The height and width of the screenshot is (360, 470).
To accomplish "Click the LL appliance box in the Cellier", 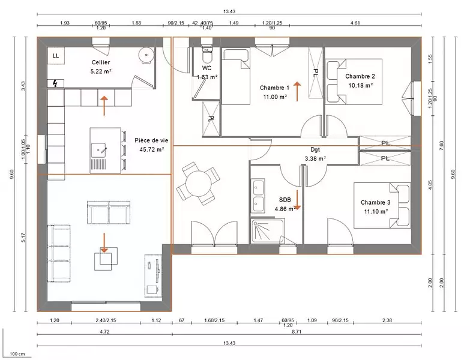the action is pyautogui.click(x=56, y=56).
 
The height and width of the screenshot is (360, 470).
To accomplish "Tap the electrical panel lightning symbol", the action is pyautogui.click(x=55, y=83).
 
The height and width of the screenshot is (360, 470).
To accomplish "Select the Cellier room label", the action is pyautogui.click(x=101, y=62).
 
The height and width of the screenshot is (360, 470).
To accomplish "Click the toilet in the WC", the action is pyautogui.click(x=206, y=54).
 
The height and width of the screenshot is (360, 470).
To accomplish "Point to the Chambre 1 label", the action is pyautogui.click(x=274, y=88).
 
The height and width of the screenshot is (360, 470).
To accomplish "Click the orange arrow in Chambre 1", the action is pyautogui.click(x=297, y=91).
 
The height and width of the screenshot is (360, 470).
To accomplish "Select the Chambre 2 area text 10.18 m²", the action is pyautogui.click(x=360, y=85).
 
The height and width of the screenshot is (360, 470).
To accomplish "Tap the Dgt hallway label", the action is pyautogui.click(x=315, y=150).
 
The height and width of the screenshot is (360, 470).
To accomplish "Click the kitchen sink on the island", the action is pyautogui.click(x=99, y=150).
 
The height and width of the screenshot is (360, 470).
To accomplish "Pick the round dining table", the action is pyautogui.click(x=198, y=183).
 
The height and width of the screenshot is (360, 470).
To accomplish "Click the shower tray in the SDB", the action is pyautogui.click(x=268, y=231).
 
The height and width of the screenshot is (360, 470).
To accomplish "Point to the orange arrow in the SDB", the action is pyautogui.click(x=297, y=200).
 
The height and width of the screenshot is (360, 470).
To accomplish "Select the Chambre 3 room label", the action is pyautogui.click(x=376, y=202).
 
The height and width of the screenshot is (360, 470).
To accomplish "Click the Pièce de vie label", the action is pyautogui.click(x=151, y=140).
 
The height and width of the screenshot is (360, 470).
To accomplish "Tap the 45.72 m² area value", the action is pyautogui.click(x=152, y=149).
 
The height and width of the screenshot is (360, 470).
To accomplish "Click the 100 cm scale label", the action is pyautogui.click(x=17, y=354).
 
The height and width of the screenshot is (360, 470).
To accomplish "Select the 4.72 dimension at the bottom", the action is pyautogui.click(x=104, y=332).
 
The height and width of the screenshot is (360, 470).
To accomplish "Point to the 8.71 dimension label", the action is pyautogui.click(x=297, y=332).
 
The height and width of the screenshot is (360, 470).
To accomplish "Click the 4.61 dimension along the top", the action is pyautogui.click(x=355, y=22).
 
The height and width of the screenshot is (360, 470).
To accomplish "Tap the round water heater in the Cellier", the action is pyautogui.click(x=146, y=55).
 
